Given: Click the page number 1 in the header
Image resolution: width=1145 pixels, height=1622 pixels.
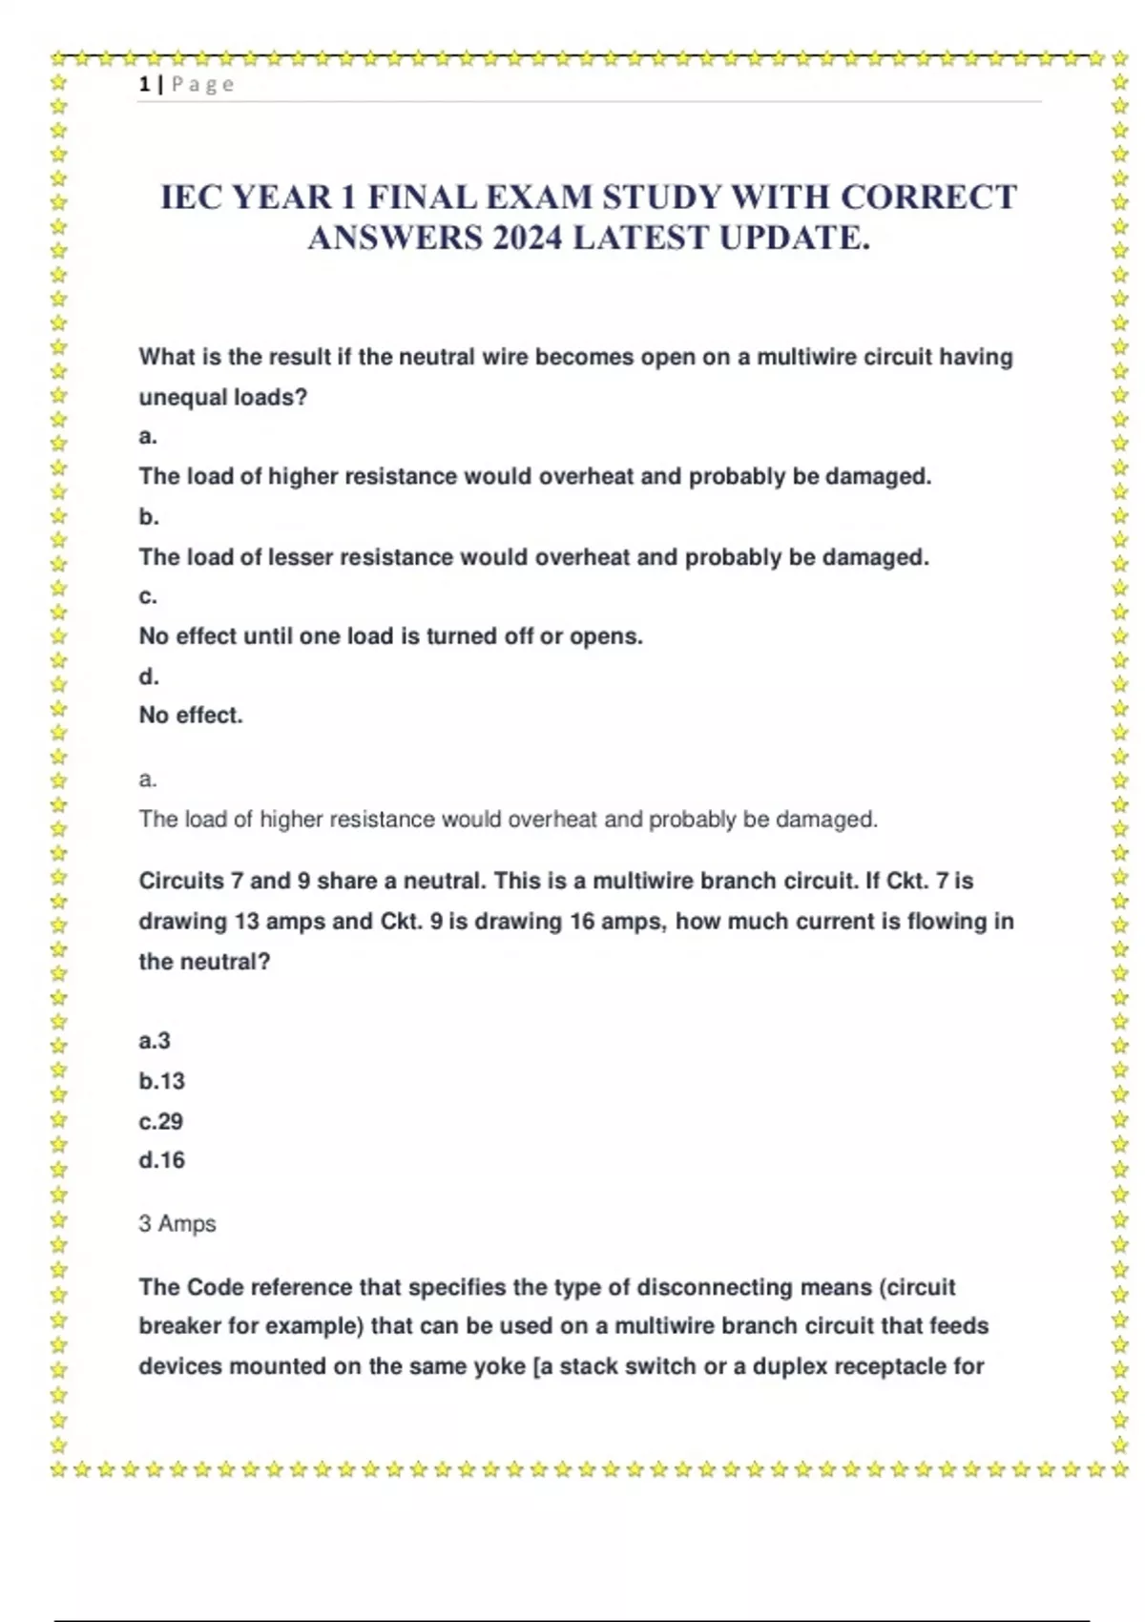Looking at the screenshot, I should tap(144, 85).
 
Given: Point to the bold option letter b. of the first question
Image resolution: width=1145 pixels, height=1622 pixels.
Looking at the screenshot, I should tap(149, 516).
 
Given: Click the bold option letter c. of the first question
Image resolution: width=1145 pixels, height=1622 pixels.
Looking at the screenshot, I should tap(148, 596).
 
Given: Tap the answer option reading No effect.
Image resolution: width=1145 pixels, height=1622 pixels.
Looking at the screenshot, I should tap(191, 715).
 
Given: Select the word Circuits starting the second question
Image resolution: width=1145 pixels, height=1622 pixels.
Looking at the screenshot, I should tap(181, 881).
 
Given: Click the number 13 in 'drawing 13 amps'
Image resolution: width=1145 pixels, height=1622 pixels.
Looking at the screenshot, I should tap(246, 922).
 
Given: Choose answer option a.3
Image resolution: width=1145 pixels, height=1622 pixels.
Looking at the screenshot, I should tap(155, 1041).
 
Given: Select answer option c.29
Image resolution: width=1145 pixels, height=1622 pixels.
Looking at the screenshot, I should tap(160, 1121).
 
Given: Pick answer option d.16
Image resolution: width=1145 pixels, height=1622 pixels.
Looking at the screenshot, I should tap(161, 1160).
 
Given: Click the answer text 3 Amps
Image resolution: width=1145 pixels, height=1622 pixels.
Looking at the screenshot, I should tap(177, 1223).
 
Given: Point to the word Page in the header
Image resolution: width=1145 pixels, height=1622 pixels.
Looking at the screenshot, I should tap(202, 85).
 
